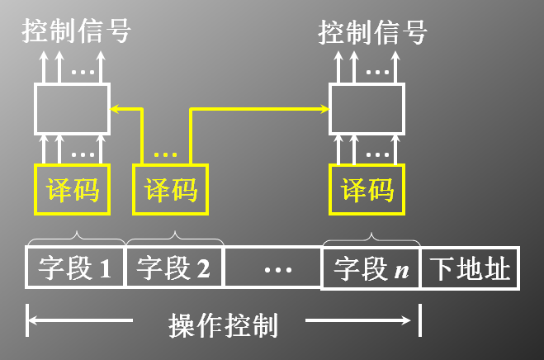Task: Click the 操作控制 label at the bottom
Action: [x=222, y=324]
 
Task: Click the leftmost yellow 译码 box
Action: [x=73, y=189]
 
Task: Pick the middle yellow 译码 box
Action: [x=171, y=189]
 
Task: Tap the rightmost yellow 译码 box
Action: [x=367, y=189]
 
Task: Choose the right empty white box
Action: [x=367, y=107]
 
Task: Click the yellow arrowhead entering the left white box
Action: [x=115, y=107]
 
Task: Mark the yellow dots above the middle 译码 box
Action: [x=166, y=154]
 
